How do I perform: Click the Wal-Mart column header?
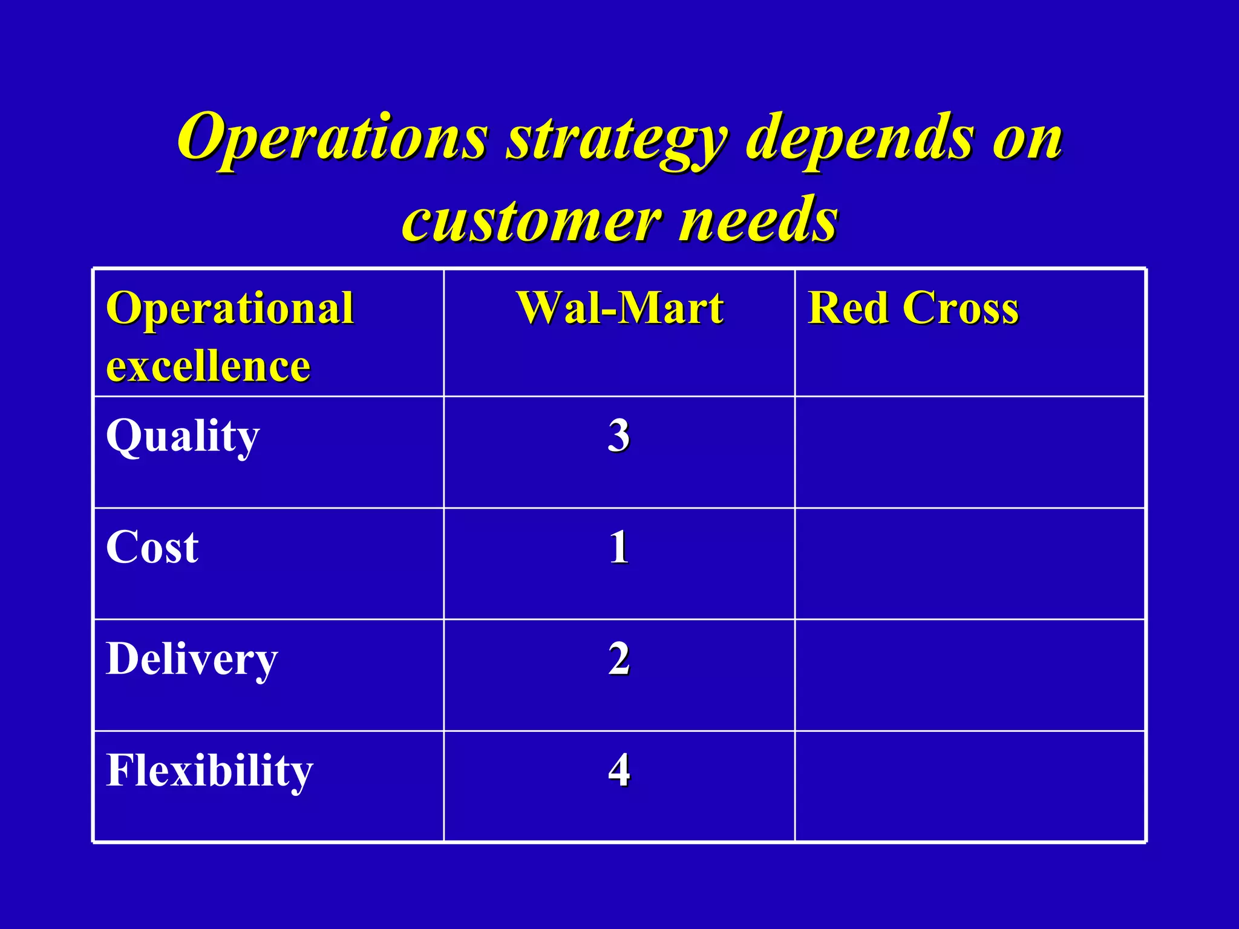pos(619,308)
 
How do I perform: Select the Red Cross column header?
pos(913,308)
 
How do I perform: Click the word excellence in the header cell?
pos(208,367)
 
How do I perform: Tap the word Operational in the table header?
pos(229,308)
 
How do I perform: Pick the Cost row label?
pos(152,547)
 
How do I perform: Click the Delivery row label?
pos(192,659)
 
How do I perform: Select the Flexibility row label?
pos(209,771)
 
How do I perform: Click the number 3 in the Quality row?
pos(619,435)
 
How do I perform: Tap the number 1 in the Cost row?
pos(619,547)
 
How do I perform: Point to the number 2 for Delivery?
pos(619,659)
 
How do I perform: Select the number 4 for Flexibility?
pos(619,771)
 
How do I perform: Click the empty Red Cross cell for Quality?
pos(970,452)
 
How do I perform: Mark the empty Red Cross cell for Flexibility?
pos(970,786)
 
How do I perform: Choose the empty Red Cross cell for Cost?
pos(970,564)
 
